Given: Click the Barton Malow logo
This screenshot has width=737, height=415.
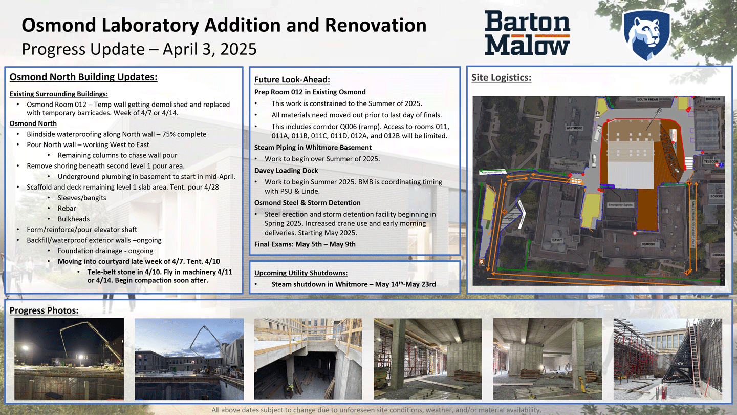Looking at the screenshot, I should point(527,33).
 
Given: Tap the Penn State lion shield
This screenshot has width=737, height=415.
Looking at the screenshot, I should point(646,34).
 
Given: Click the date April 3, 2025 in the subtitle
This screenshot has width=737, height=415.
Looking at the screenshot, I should point(209,49).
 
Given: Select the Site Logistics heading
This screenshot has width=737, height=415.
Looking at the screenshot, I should point(501,78).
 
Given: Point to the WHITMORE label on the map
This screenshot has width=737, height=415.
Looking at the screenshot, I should point(574,128).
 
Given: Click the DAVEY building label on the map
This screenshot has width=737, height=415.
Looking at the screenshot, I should point(557,240).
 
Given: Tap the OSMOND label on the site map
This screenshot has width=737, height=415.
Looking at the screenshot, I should point(648,244).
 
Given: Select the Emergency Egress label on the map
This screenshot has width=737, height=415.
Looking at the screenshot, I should point(620,205).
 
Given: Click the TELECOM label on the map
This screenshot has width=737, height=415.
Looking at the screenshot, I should point(710,161).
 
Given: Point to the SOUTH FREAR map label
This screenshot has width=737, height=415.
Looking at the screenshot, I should point(647,99).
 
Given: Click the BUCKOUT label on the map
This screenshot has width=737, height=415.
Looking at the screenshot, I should point(713,99).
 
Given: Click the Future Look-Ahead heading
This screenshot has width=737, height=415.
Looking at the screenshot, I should point(292,80).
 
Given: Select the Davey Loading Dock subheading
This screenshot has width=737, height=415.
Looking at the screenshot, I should point(286,171).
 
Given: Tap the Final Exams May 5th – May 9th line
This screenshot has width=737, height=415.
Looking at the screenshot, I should point(305,244).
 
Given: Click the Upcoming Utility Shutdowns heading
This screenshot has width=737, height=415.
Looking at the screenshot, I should point(300,273).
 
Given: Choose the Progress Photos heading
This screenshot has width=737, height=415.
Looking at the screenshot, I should point(44,310).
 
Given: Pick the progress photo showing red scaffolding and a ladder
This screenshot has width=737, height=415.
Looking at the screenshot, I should point(667,358).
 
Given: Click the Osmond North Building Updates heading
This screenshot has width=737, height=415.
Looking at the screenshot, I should point(83,77).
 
